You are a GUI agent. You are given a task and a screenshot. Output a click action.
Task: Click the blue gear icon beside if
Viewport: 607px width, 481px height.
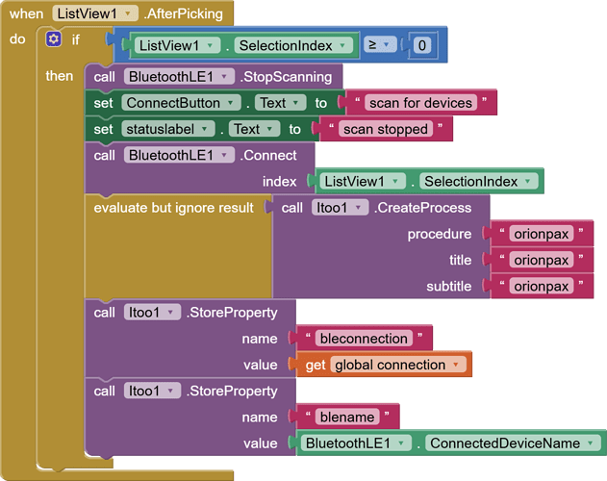[54, 39]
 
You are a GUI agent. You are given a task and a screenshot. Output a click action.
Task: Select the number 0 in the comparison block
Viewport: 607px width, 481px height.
[420, 45]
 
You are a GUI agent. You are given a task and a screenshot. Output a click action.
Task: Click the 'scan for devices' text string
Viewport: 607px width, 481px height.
[420, 103]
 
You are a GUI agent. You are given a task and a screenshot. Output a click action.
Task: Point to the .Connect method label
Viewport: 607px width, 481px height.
[268, 155]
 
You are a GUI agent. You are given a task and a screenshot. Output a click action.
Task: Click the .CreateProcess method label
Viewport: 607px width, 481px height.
[423, 208]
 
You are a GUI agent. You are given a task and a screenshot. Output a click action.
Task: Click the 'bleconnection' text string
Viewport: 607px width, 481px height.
[364, 338]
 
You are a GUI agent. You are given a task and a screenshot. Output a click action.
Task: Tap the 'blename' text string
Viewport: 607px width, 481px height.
[347, 417]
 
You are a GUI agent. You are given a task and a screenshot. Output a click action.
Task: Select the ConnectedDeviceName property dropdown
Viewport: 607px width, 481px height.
[510, 443]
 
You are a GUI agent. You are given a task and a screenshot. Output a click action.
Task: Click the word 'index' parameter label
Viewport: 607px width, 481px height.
[279, 181]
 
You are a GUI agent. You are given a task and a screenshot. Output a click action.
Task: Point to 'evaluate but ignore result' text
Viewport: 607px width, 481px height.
[173, 208]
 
